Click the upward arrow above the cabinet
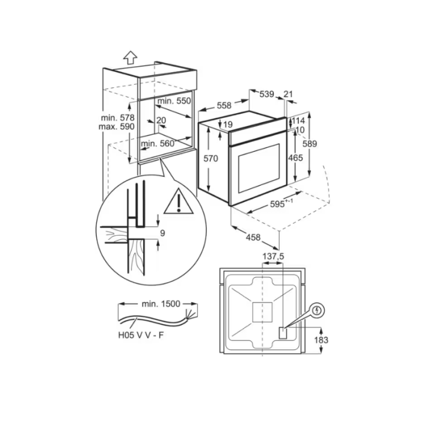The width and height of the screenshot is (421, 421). (x=131, y=58)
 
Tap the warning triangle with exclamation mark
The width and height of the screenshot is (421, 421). (x=179, y=201)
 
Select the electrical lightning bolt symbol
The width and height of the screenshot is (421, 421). (x=318, y=311)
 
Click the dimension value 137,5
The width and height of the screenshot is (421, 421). (x=273, y=256)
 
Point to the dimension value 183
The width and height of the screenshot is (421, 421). (x=321, y=340)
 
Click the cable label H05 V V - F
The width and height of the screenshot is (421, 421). (x=141, y=335)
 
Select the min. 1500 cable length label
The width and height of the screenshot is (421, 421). (x=161, y=304)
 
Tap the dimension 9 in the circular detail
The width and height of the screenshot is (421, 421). (x=162, y=233)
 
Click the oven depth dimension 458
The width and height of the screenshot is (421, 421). (x=253, y=238)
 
